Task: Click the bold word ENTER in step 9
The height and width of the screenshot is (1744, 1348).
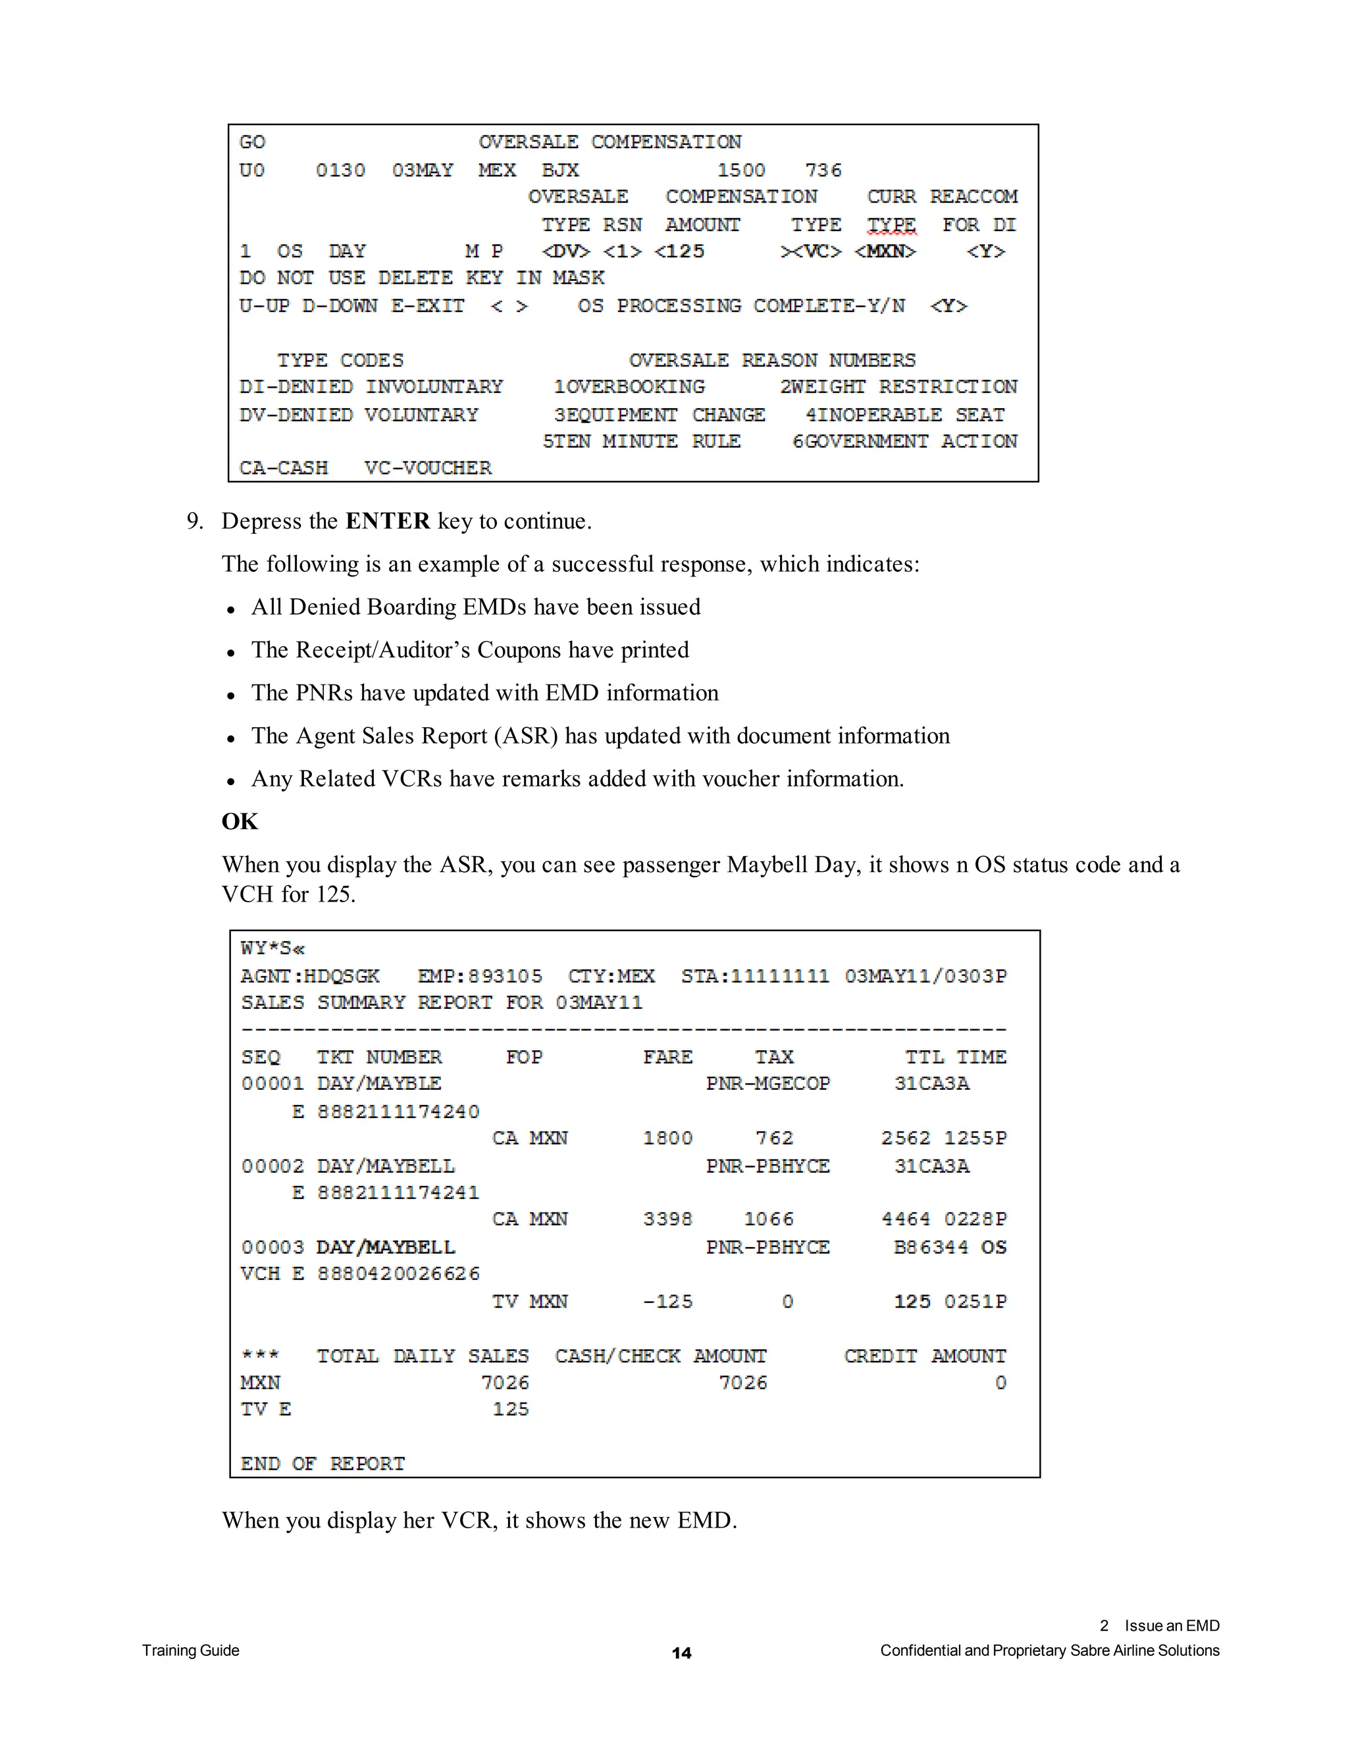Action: (x=387, y=521)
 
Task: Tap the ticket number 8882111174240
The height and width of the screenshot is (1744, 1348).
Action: (x=398, y=1112)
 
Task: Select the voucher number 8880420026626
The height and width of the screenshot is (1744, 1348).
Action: (x=398, y=1273)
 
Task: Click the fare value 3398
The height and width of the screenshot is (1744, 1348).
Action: (x=667, y=1219)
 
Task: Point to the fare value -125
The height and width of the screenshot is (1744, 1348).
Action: (x=667, y=1302)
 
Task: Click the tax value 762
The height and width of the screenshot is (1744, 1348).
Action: (x=774, y=1138)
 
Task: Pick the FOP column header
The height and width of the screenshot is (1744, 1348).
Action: (x=524, y=1058)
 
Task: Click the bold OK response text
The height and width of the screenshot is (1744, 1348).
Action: (x=240, y=822)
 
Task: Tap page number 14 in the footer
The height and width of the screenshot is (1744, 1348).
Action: (x=681, y=1653)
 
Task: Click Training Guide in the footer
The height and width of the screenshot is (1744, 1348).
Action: (x=191, y=1651)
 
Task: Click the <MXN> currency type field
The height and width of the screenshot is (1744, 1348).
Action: (x=885, y=251)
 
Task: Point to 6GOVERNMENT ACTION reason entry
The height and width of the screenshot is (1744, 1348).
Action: (x=904, y=442)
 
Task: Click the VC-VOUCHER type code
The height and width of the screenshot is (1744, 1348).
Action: (x=428, y=468)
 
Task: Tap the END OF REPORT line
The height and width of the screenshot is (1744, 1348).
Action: (x=323, y=1464)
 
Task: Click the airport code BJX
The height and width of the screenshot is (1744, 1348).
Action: (x=560, y=170)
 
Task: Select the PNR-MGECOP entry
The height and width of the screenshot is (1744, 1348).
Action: (x=767, y=1084)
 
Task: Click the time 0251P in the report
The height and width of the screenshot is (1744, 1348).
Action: (x=975, y=1302)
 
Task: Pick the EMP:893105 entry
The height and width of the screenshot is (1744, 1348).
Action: (x=479, y=976)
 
